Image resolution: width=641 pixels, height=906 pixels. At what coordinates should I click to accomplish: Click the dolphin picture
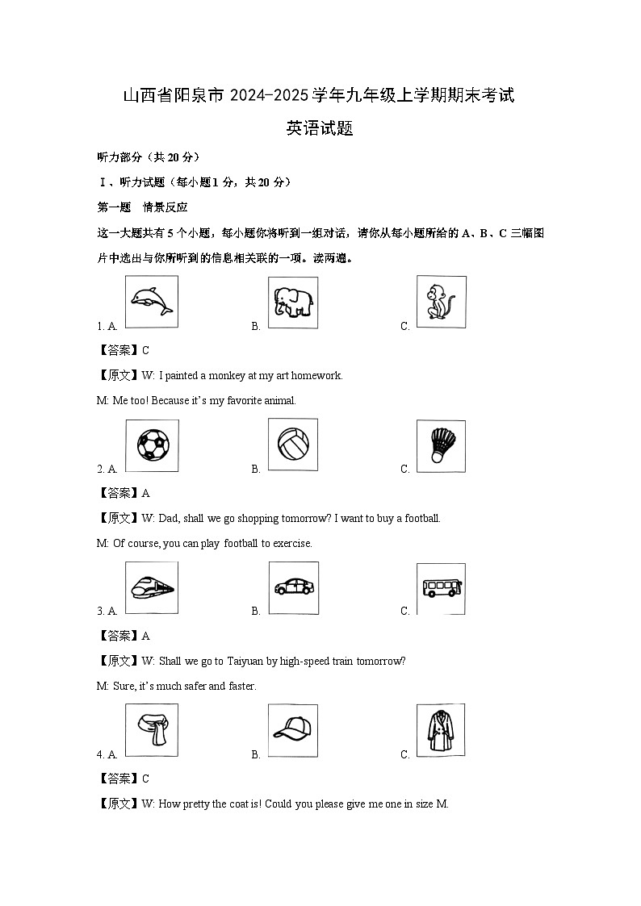point(152,302)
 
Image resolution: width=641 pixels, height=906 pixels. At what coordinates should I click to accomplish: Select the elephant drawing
point(292,303)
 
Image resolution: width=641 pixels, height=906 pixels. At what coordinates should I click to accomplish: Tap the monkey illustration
point(441,302)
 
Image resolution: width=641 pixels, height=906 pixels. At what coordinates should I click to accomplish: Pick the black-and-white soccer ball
point(152,445)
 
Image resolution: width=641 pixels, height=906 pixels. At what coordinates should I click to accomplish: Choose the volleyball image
point(292,445)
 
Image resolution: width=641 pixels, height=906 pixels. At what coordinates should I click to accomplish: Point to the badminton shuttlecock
point(441,445)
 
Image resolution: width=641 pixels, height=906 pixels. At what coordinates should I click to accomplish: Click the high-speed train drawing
point(152,587)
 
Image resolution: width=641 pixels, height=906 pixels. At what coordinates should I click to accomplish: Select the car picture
point(292,587)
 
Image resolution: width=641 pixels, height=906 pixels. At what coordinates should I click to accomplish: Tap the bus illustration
point(441,587)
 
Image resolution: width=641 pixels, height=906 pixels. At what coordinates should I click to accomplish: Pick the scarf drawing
point(152,730)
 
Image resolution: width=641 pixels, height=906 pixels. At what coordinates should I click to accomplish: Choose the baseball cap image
point(292,730)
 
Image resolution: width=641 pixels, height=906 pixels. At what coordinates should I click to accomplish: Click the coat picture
point(441,730)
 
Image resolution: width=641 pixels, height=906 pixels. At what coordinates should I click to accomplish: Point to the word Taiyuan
point(248,661)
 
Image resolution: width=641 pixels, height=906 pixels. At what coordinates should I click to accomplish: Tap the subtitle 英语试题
point(320,128)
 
